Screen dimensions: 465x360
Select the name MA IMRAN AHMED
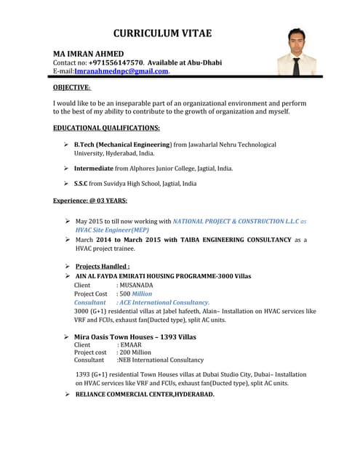[88, 54]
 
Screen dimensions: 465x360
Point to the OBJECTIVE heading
[72, 87]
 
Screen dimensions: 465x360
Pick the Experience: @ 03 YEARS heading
[90, 201]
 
